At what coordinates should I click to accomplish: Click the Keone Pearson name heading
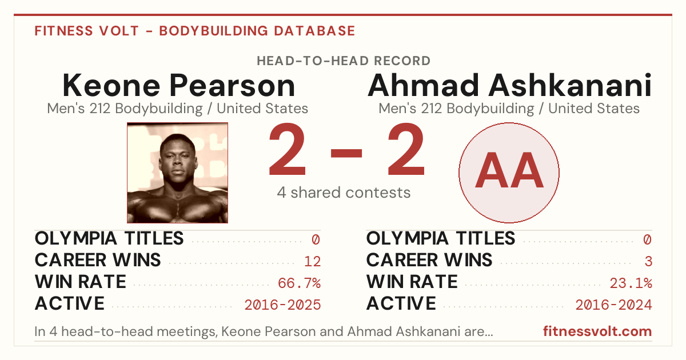(x=179, y=85)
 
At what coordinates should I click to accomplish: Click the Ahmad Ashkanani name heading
(x=509, y=85)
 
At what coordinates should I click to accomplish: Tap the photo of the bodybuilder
(x=178, y=173)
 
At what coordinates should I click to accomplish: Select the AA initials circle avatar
(x=509, y=173)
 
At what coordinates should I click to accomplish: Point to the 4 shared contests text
(x=344, y=193)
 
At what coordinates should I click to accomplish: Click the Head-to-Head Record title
(x=344, y=61)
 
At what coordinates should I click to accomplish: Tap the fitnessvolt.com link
(x=597, y=331)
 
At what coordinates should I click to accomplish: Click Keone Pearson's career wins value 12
(x=312, y=262)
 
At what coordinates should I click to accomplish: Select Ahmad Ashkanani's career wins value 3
(x=648, y=262)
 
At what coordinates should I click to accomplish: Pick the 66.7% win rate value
(x=299, y=283)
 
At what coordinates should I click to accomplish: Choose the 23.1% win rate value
(x=631, y=283)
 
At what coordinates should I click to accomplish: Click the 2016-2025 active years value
(x=282, y=305)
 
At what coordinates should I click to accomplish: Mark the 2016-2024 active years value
(x=614, y=305)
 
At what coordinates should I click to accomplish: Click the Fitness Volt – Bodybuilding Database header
(x=195, y=31)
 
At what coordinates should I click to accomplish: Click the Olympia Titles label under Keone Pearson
(x=109, y=238)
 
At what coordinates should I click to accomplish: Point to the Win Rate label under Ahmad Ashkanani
(x=412, y=282)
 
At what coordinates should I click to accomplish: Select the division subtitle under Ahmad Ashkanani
(x=509, y=109)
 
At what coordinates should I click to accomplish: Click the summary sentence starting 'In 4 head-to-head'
(x=264, y=331)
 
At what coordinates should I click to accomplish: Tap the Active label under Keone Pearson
(x=70, y=303)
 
